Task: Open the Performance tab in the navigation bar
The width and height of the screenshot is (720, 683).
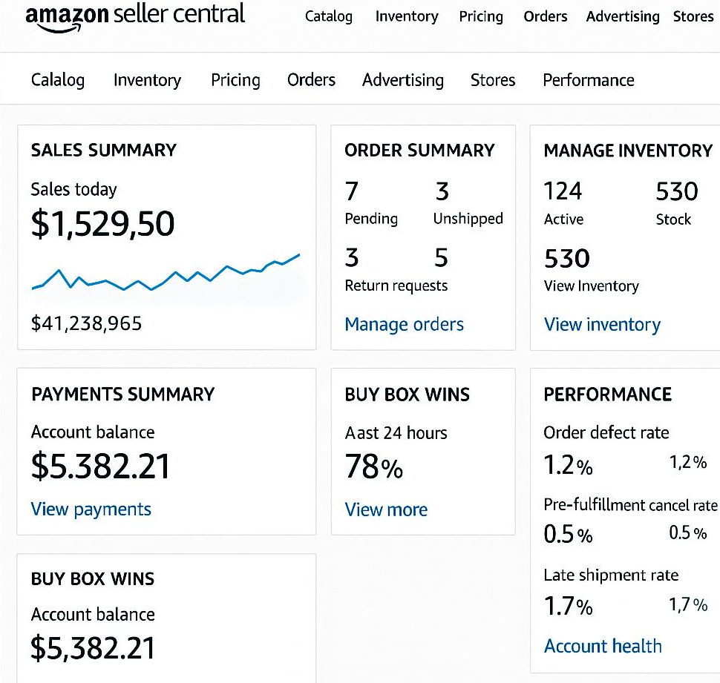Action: pyautogui.click(x=588, y=80)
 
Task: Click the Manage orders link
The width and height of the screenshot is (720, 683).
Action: pyautogui.click(x=404, y=324)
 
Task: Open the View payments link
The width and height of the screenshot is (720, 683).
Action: pyautogui.click(x=91, y=509)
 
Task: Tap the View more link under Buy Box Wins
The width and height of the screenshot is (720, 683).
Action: pyautogui.click(x=386, y=509)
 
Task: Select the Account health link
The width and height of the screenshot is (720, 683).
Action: pyautogui.click(x=603, y=646)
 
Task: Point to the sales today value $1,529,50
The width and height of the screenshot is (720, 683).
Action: pyautogui.click(x=103, y=224)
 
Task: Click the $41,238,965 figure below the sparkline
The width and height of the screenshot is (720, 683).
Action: pyautogui.click(x=86, y=323)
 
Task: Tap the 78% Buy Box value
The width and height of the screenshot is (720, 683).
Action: pyautogui.click(x=374, y=466)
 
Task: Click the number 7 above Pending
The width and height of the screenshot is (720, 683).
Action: pyautogui.click(x=352, y=191)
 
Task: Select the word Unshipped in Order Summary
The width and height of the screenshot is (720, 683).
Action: pyautogui.click(x=468, y=219)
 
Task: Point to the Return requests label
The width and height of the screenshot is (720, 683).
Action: pyautogui.click(x=396, y=286)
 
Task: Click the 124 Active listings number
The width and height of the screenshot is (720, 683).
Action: pyautogui.click(x=563, y=191)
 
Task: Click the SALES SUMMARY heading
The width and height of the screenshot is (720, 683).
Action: pyautogui.click(x=104, y=151)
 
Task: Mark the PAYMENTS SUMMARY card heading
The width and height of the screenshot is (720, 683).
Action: pyautogui.click(x=123, y=395)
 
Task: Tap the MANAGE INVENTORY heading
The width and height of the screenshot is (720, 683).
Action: pyautogui.click(x=628, y=151)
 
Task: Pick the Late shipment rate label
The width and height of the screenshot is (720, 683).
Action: pyautogui.click(x=611, y=575)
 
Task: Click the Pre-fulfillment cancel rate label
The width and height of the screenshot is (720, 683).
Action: pyautogui.click(x=630, y=505)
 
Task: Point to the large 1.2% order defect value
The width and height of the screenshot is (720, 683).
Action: pyautogui.click(x=569, y=465)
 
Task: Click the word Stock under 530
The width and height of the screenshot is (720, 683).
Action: pyautogui.click(x=673, y=220)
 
